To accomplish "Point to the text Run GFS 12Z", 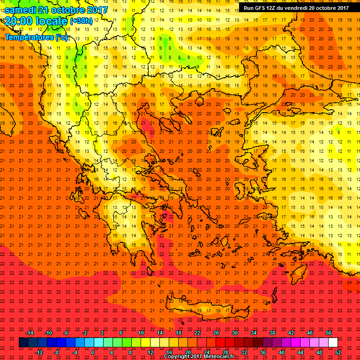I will tap(259, 7).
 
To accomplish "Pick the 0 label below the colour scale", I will tap(93, 352).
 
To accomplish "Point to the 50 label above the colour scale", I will tap(329, 332).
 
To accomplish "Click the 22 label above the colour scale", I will tap(197, 332).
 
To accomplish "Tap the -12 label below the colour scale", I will tap(39, 352).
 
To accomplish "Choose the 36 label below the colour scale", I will tap(262, 352).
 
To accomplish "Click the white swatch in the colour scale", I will tap(333, 342).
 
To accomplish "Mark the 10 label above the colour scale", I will tap(141, 332).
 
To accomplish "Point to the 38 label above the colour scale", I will tap(272, 332).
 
